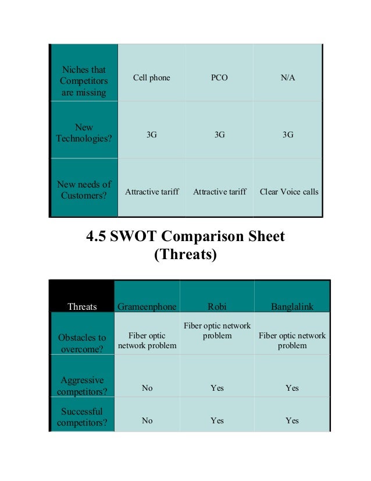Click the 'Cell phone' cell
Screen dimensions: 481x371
coord(152,77)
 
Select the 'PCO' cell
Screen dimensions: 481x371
coord(219,77)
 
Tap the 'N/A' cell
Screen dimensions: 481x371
coord(288,77)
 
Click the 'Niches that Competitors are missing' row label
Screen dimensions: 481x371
coord(83,81)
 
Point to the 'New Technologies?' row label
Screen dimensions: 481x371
coord(84,133)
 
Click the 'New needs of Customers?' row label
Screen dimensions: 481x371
coord(84,190)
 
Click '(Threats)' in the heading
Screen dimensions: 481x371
coord(185,254)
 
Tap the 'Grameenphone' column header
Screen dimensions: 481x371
coord(147,306)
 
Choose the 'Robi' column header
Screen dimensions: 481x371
coord(217,306)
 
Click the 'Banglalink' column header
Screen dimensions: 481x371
coord(292,306)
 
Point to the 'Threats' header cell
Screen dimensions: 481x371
coord(82,306)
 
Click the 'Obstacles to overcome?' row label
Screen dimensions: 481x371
coord(82,344)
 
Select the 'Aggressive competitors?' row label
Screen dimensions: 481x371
coord(82,385)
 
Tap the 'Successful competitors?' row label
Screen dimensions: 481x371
coord(82,416)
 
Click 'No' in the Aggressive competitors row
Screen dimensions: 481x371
coord(147,388)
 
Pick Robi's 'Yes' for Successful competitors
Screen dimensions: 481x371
coord(217,420)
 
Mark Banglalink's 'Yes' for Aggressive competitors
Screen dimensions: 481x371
coord(292,388)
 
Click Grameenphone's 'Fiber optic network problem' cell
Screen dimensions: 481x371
coord(147,341)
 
